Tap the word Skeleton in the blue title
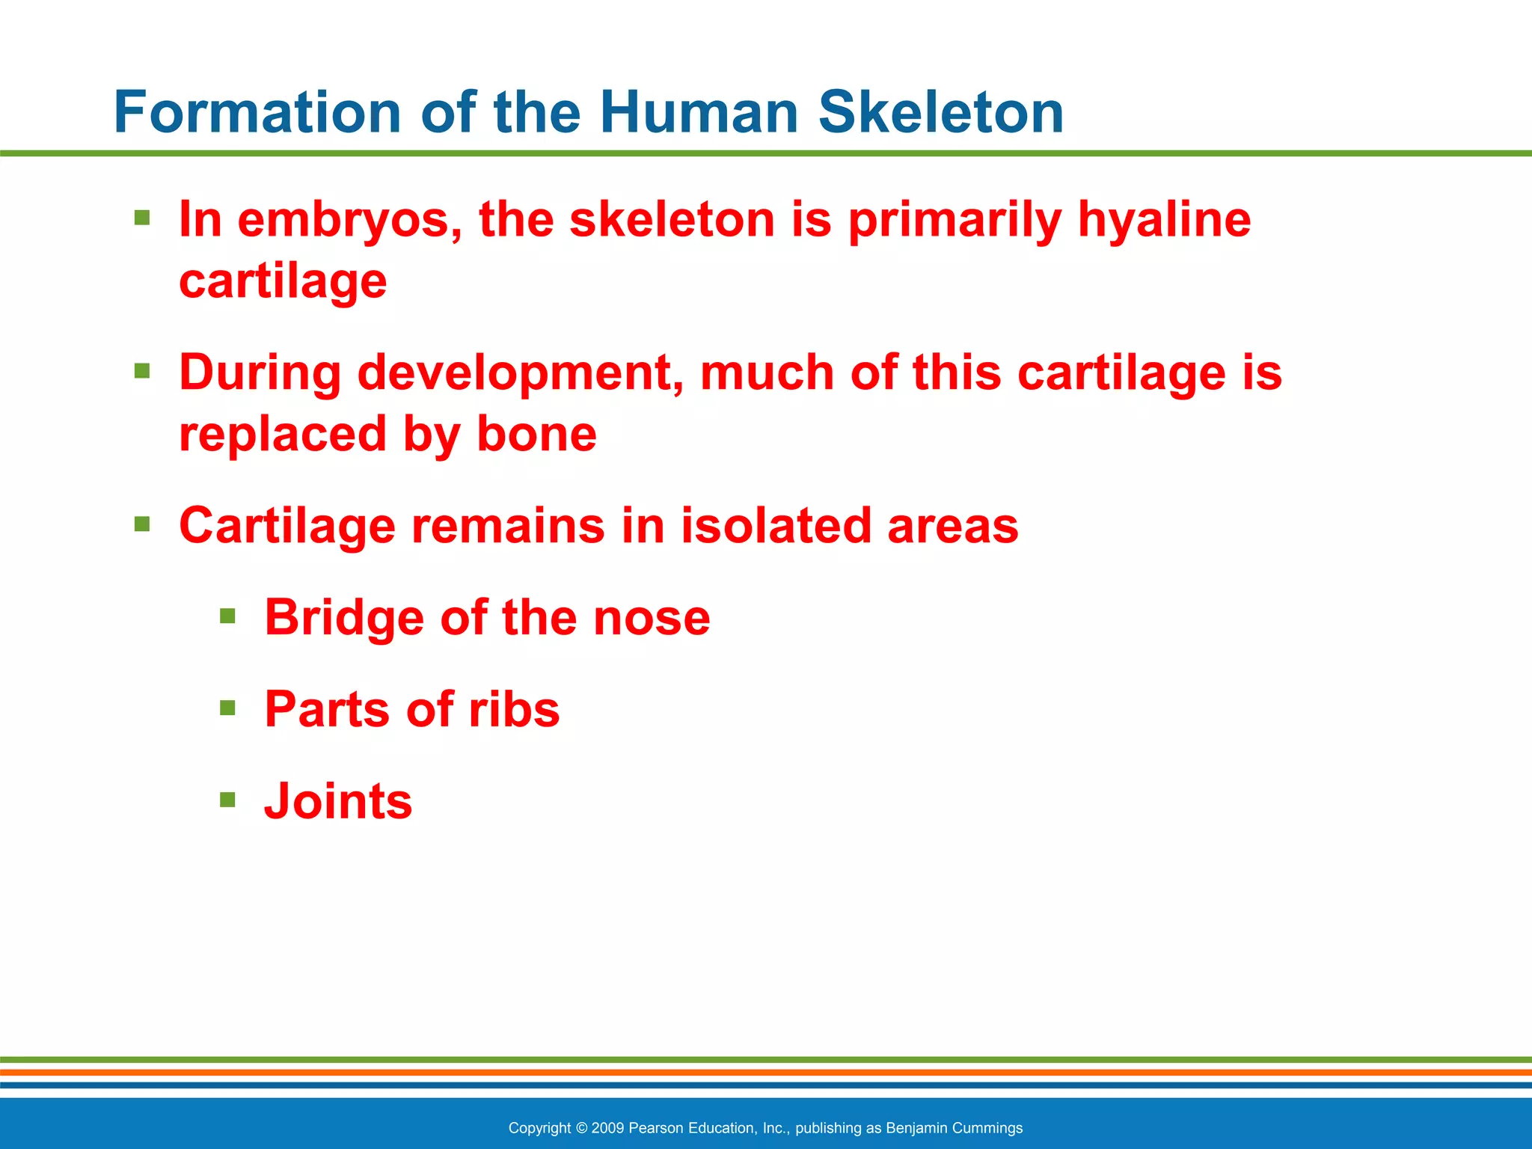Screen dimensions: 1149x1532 tap(940, 112)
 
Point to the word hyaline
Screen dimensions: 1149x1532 tap(1164, 221)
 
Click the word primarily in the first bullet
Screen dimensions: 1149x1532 tap(955, 221)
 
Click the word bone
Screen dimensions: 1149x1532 tap(536, 435)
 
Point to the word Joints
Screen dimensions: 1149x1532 tap(338, 801)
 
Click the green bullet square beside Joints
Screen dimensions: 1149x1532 tap(227, 800)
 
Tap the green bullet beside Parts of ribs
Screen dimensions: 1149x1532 tap(227, 708)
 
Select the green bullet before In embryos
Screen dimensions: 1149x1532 tap(142, 218)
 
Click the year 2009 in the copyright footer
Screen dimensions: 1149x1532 tap(607, 1128)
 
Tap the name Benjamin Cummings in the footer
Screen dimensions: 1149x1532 tap(954, 1128)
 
